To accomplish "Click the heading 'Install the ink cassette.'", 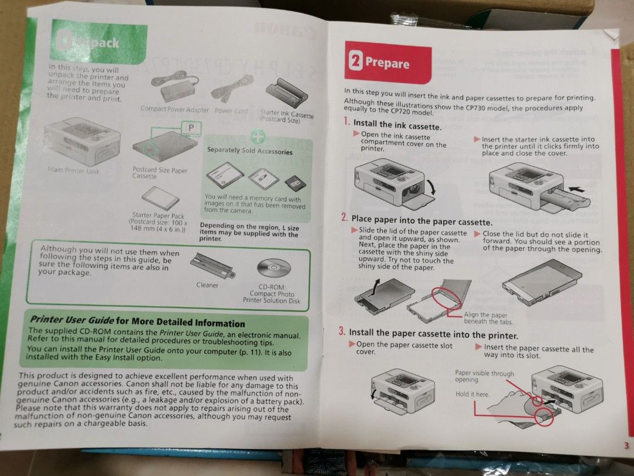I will tap(397, 125).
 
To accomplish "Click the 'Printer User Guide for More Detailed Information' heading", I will tap(137, 321).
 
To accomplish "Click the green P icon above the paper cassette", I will tap(191, 127).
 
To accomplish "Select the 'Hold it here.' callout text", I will tap(473, 394).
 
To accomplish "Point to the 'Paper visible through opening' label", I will tap(484, 376).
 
